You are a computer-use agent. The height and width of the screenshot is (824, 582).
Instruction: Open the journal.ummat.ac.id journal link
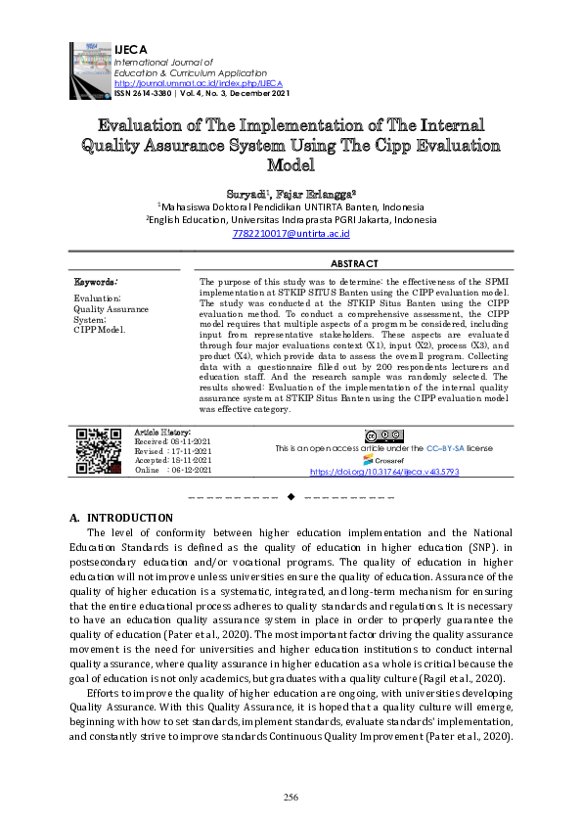pyautogui.click(x=186, y=82)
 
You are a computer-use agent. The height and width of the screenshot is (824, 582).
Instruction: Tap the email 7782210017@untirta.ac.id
pyautogui.click(x=291, y=234)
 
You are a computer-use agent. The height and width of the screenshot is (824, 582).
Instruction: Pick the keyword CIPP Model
pyautogui.click(x=100, y=329)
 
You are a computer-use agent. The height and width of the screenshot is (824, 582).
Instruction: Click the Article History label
pyautogui.click(x=162, y=432)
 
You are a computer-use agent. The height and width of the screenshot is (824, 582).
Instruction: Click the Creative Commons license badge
pyautogui.click(x=383, y=435)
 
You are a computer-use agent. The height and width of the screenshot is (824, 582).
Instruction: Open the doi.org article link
pyautogui.click(x=384, y=471)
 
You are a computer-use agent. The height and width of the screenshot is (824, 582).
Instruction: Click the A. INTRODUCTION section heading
pyautogui.click(x=121, y=517)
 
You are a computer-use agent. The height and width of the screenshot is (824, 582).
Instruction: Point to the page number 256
pyautogui.click(x=291, y=798)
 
